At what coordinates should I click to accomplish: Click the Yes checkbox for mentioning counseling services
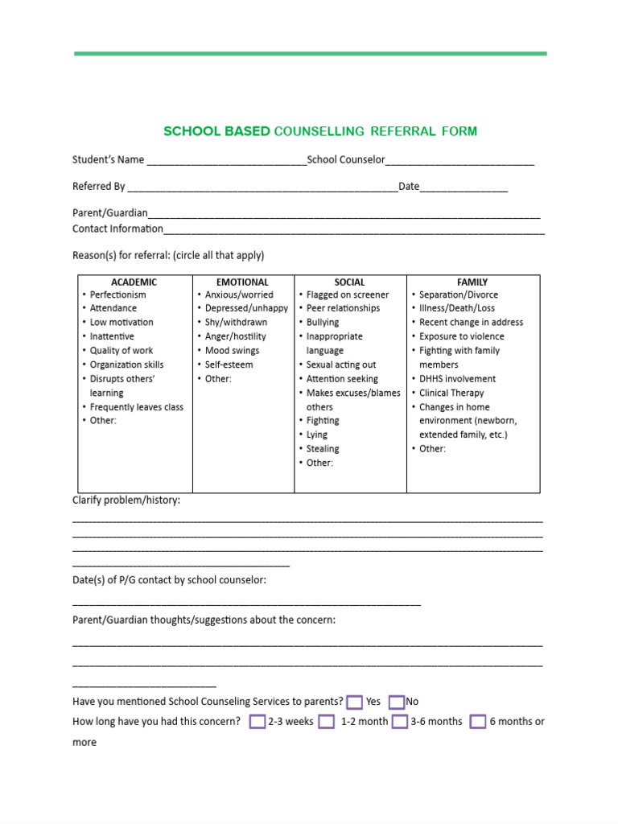(355, 702)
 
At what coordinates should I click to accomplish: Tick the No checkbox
(396, 702)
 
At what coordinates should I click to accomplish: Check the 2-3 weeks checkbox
(257, 722)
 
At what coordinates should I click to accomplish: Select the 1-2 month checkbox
(326, 722)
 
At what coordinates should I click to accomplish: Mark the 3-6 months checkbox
(400, 722)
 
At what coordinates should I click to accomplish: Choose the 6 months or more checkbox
(478, 722)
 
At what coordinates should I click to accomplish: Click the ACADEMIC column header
(134, 282)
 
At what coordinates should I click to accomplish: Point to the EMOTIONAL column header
(242, 282)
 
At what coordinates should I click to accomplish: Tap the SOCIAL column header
(349, 282)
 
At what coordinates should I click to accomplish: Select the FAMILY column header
(472, 282)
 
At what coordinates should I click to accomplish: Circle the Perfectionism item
(117, 295)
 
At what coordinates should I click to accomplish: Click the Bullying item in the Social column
(323, 322)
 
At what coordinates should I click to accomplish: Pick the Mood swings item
(232, 350)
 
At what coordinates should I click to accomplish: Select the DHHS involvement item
(457, 378)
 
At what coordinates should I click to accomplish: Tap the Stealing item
(323, 448)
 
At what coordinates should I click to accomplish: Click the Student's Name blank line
(226, 160)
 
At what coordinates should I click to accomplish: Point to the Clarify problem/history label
(126, 501)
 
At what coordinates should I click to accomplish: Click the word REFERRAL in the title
(403, 131)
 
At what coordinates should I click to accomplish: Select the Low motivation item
(122, 322)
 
